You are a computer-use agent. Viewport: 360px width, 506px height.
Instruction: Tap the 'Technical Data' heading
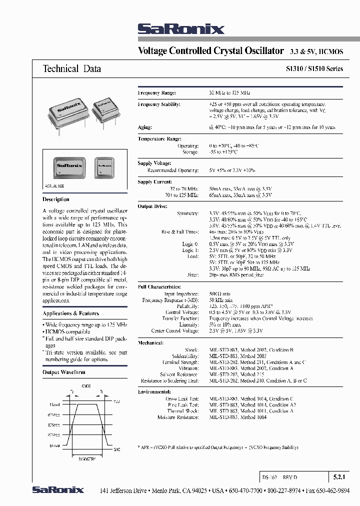coord(71,68)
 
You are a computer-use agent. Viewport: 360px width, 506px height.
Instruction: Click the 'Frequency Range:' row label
coord(157,93)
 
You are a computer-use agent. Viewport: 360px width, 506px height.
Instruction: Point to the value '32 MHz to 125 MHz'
coord(229,93)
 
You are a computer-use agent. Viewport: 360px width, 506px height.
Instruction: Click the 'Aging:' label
coord(145,127)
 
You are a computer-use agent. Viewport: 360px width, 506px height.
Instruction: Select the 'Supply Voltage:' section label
coord(154,163)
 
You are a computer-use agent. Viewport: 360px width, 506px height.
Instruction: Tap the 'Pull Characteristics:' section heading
coord(159,287)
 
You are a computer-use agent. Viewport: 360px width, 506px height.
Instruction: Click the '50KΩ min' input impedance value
coord(220,293)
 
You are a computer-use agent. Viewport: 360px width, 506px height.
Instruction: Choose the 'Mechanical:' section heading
coord(150,342)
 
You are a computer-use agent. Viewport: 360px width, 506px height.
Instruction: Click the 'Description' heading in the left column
coord(56,199)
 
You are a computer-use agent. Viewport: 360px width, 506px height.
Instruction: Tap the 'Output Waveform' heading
coord(63,372)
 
